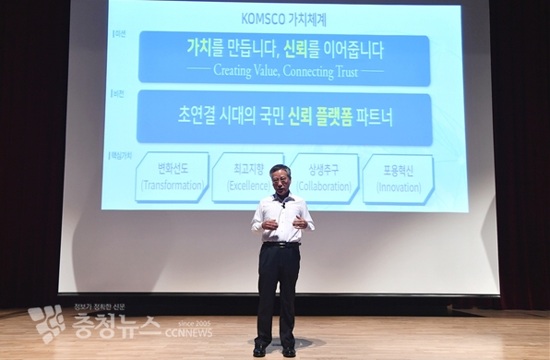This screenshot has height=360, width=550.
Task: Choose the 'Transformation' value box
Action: pos(172,178)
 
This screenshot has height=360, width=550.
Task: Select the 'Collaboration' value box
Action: pos(324,178)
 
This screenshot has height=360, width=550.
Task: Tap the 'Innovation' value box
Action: pos(399,178)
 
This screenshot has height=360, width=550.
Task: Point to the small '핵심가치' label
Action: pos(119,155)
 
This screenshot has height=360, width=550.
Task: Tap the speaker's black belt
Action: pos(280,245)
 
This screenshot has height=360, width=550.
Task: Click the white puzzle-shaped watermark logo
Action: pos(46,324)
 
